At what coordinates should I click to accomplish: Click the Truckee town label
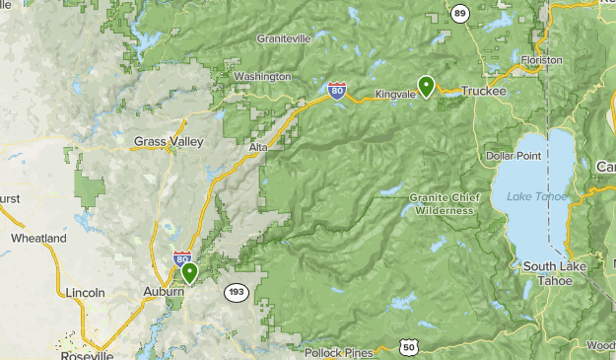483,91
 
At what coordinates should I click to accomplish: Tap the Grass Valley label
169,142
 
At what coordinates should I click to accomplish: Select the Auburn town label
163,292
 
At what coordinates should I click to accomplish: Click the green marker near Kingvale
426,86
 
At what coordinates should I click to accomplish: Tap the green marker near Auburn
189,272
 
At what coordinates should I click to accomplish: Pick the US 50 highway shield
408,346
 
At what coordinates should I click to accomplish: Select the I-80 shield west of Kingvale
338,92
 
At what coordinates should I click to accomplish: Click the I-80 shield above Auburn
183,258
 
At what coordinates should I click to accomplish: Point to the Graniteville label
283,38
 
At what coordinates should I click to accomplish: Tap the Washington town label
262,76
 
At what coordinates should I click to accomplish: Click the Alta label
258,147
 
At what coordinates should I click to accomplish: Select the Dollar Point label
513,157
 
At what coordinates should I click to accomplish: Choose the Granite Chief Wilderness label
446,204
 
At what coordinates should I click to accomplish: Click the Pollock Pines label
337,352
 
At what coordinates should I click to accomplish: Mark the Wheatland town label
38,239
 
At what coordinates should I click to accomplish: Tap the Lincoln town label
85,293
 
